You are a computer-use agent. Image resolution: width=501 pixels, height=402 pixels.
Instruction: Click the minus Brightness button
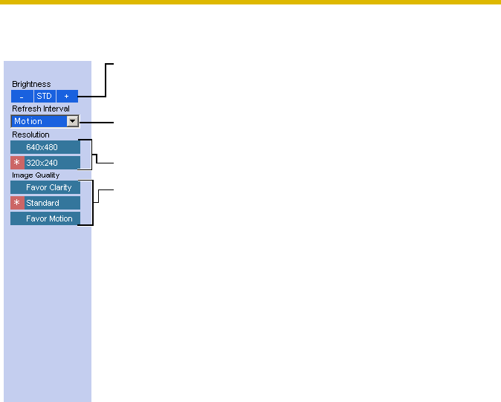(22, 97)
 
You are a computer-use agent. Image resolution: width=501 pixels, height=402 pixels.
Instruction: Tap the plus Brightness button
(67, 97)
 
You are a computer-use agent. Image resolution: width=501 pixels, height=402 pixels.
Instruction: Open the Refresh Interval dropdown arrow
(73, 121)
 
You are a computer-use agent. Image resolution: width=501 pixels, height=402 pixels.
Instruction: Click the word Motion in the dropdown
(29, 121)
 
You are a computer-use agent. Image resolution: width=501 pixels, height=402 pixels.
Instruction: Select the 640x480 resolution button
(45, 147)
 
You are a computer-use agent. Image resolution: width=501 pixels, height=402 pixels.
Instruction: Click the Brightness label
(31, 85)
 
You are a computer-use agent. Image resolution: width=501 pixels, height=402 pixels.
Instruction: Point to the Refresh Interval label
(41, 108)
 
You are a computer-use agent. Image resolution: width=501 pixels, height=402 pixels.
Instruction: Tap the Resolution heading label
(30, 134)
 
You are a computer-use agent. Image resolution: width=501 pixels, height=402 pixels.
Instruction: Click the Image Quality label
(36, 175)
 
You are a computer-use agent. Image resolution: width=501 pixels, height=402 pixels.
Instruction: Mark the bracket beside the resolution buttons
(92, 155)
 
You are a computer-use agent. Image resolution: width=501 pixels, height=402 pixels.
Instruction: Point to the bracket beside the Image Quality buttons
(93, 202)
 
